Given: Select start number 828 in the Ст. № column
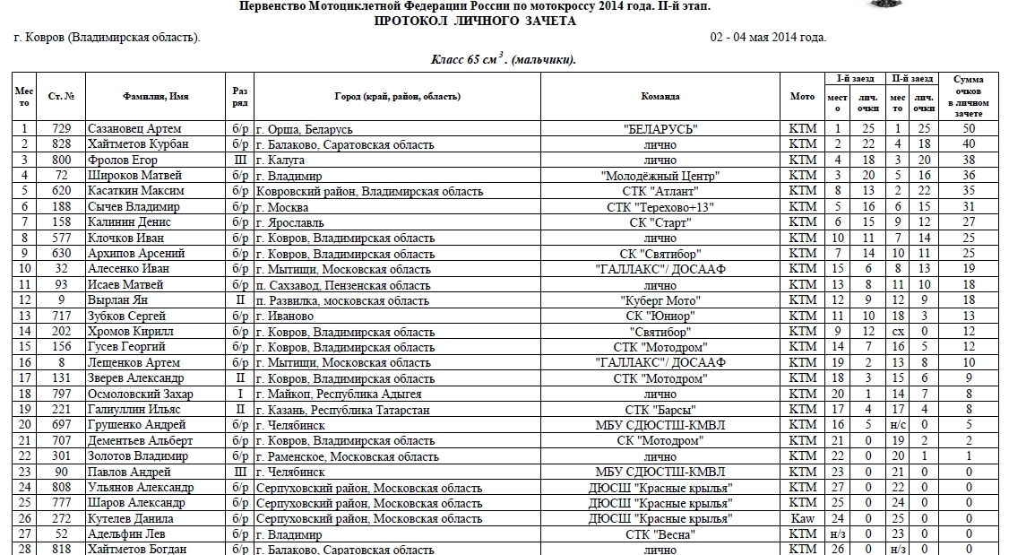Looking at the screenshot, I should pyautogui.click(x=62, y=143).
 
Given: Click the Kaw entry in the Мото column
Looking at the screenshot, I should pyautogui.click(x=803, y=518).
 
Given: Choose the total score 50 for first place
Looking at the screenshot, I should pyautogui.click(x=969, y=129).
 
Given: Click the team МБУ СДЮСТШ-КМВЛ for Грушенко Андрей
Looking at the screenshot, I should pyautogui.click(x=660, y=425).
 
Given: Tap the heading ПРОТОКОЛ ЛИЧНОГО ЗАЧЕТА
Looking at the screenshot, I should pyautogui.click(x=475, y=21).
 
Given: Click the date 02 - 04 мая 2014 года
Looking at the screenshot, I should pyautogui.click(x=768, y=38).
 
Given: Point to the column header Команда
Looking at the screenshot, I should pyautogui.click(x=660, y=96).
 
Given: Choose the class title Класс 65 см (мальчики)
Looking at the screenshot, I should pyautogui.click(x=504, y=60).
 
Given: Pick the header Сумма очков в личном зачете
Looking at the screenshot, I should pyautogui.click(x=969, y=96).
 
